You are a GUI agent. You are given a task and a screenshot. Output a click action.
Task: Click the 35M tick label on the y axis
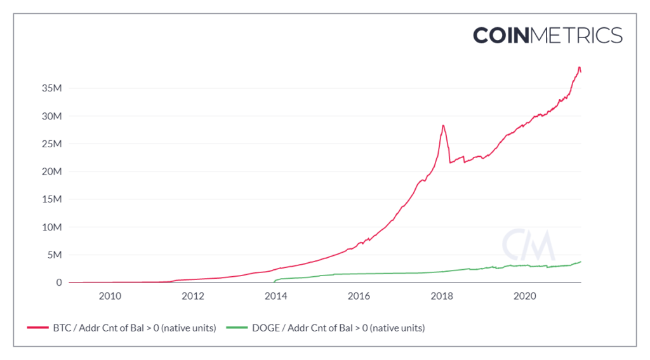tap(52, 89)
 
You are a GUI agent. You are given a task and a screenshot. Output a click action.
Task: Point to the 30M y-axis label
tap(52, 117)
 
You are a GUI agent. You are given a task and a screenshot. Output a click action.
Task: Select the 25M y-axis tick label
tap(52, 144)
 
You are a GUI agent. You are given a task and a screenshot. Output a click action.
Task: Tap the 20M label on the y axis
tap(52, 172)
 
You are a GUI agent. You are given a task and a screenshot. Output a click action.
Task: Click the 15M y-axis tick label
tap(52, 199)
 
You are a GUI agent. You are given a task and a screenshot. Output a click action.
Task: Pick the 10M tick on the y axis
tap(52, 227)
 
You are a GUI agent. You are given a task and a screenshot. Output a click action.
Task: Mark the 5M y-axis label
tap(55, 255)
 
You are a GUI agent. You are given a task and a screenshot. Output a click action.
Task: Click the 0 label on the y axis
tap(58, 283)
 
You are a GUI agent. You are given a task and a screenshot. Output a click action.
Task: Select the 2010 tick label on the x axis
tap(110, 296)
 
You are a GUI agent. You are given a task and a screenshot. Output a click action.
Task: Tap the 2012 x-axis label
tap(192, 296)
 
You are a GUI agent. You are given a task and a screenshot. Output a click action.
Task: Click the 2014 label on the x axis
tap(275, 296)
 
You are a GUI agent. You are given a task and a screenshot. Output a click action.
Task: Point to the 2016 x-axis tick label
tap(359, 296)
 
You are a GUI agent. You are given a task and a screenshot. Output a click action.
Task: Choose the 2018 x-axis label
tap(441, 296)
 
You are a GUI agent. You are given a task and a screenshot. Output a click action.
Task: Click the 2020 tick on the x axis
tap(524, 296)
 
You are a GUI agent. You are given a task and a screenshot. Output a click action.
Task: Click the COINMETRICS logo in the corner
tap(547, 35)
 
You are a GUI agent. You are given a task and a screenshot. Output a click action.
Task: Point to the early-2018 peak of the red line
tap(443, 125)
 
